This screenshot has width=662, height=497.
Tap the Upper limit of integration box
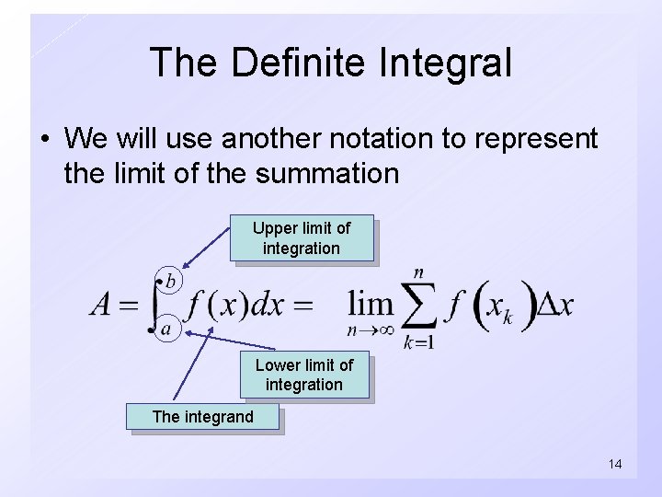coord(302,238)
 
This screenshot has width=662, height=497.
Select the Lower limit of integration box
coord(304,375)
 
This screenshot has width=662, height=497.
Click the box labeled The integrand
coord(202,417)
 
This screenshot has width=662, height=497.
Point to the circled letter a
coord(166,328)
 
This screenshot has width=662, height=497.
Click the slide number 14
coord(614,464)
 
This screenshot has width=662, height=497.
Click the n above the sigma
coord(418,272)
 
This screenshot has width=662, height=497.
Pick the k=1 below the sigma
coord(418,342)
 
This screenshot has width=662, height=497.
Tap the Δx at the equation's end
coord(554,305)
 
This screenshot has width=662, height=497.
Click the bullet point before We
coord(44,140)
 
